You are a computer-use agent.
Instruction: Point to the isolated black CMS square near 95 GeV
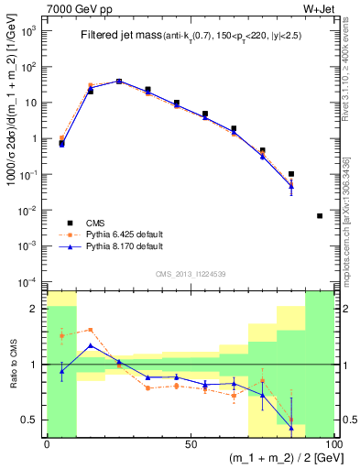(320, 216)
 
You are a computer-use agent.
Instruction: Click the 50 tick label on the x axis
(191, 443)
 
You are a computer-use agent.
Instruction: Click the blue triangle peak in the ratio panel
(90, 345)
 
